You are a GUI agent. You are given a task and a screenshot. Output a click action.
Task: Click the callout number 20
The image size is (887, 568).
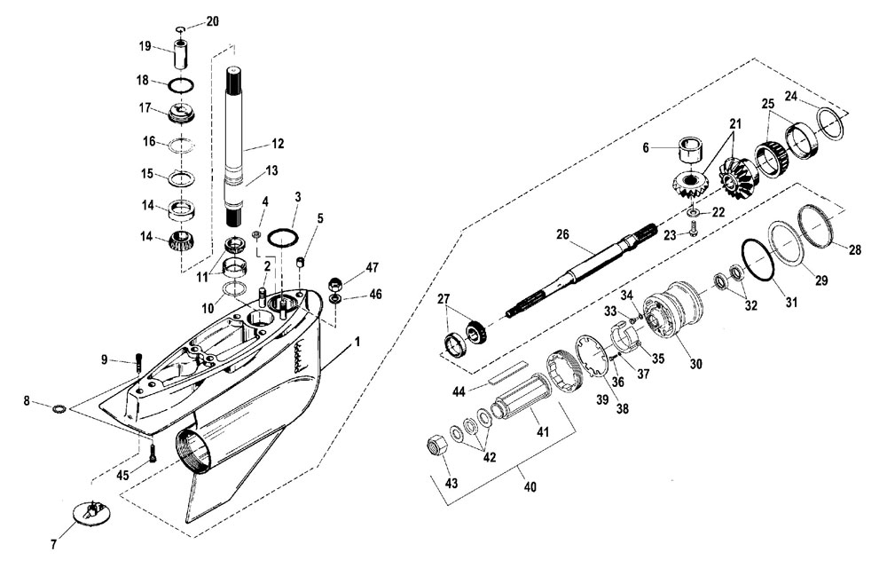click(212, 21)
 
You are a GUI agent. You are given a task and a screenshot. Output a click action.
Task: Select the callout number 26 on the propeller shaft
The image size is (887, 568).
click(562, 234)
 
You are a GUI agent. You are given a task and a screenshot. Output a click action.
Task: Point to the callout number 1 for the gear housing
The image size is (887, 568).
click(357, 342)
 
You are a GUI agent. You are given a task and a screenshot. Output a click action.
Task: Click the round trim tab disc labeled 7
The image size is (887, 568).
click(91, 511)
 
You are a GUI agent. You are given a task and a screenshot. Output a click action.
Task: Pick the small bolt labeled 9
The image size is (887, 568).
click(138, 362)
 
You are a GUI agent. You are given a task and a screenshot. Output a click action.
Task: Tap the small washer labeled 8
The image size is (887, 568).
click(59, 408)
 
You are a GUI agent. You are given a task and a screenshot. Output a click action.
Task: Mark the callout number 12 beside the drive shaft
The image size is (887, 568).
click(277, 144)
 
